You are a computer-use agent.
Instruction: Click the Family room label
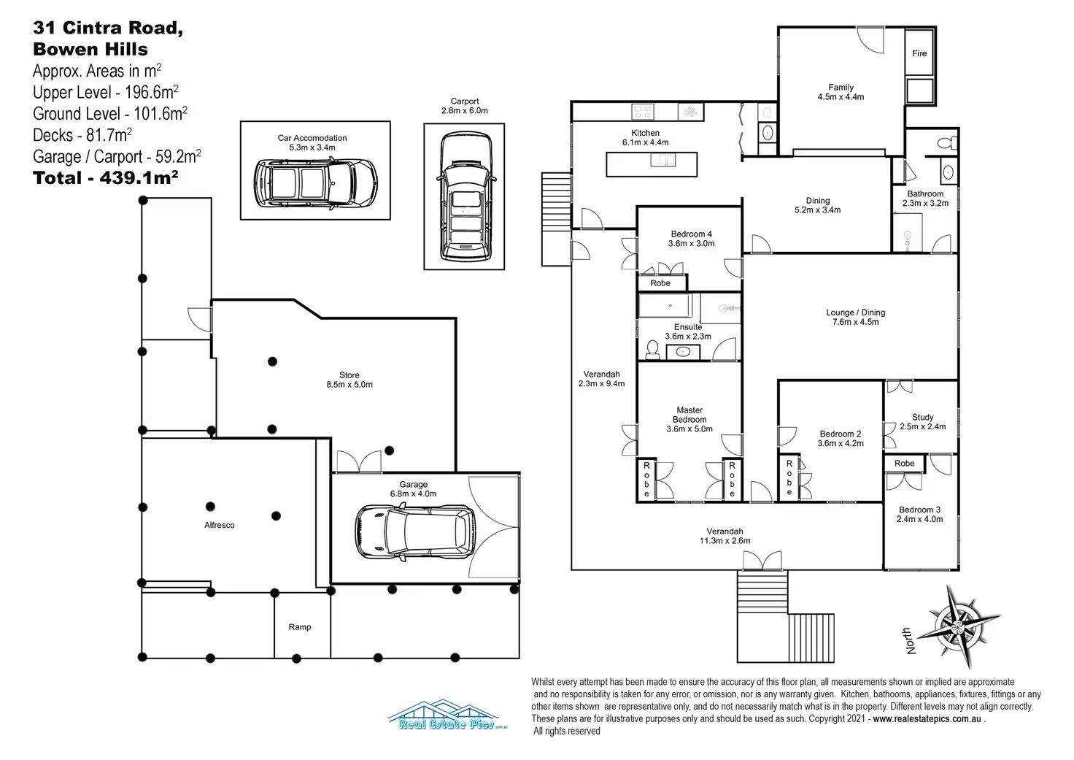(x=841, y=92)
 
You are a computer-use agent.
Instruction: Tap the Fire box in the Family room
(x=919, y=53)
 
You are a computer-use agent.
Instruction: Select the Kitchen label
(x=645, y=138)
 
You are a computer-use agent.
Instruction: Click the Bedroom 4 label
(x=691, y=239)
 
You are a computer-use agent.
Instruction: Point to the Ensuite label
(x=687, y=331)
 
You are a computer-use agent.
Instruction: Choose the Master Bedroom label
(x=689, y=420)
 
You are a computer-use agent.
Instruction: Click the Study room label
(x=922, y=422)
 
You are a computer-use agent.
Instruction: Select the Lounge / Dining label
(x=855, y=317)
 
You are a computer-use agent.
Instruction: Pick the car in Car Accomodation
(x=316, y=183)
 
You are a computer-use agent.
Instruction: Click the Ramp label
(x=300, y=627)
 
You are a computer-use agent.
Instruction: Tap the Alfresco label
(x=220, y=525)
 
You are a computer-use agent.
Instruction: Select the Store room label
(x=349, y=380)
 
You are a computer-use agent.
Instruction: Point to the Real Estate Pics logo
(x=447, y=715)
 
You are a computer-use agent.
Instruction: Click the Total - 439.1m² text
(x=106, y=178)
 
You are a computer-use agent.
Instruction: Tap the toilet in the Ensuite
(x=652, y=350)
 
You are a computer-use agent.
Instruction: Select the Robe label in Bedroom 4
(x=660, y=283)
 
